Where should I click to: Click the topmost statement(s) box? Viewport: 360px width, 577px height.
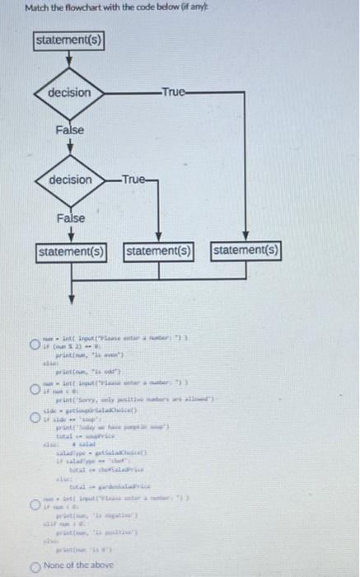tap(70, 40)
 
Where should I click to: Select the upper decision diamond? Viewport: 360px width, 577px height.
tap(70, 92)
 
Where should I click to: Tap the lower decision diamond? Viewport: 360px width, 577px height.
tap(70, 180)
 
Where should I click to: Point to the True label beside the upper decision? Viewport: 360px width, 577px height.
tap(173, 92)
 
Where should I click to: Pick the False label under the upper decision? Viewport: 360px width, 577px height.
tap(70, 131)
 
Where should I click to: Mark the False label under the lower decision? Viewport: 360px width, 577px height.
tap(70, 218)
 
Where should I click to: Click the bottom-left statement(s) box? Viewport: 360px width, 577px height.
tap(70, 250)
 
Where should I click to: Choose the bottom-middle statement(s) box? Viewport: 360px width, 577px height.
tap(159, 250)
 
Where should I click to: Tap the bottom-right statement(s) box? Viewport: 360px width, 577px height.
tap(246, 250)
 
